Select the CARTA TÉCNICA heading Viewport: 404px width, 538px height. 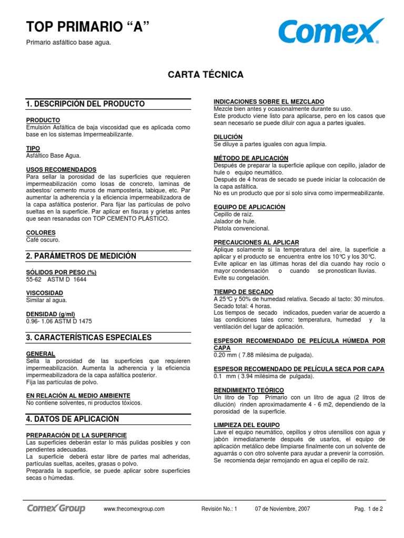tap(206, 75)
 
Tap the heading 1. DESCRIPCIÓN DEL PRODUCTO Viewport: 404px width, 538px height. tap(85, 104)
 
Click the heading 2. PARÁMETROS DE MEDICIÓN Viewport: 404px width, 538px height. tap(81, 256)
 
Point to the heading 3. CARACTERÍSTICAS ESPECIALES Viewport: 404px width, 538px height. tap(88, 337)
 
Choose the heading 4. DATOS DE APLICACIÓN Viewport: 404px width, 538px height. tap(73, 419)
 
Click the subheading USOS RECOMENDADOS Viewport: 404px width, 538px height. tap(61, 170)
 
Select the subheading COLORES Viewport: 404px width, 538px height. tap(41, 232)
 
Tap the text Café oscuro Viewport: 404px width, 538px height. tap(43, 240)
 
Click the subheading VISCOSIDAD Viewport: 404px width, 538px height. tap(45, 293)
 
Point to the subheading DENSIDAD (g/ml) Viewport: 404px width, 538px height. tap(51, 314)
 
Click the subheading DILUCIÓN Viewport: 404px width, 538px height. tap(228, 137)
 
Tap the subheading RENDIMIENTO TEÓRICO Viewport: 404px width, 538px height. tap(249, 390)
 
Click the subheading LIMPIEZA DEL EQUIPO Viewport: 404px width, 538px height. tap(247, 425)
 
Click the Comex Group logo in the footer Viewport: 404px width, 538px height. tap(56, 509)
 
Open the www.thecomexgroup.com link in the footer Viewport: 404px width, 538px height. tap(134, 509)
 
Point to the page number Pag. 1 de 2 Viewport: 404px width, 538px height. tap(368, 509)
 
